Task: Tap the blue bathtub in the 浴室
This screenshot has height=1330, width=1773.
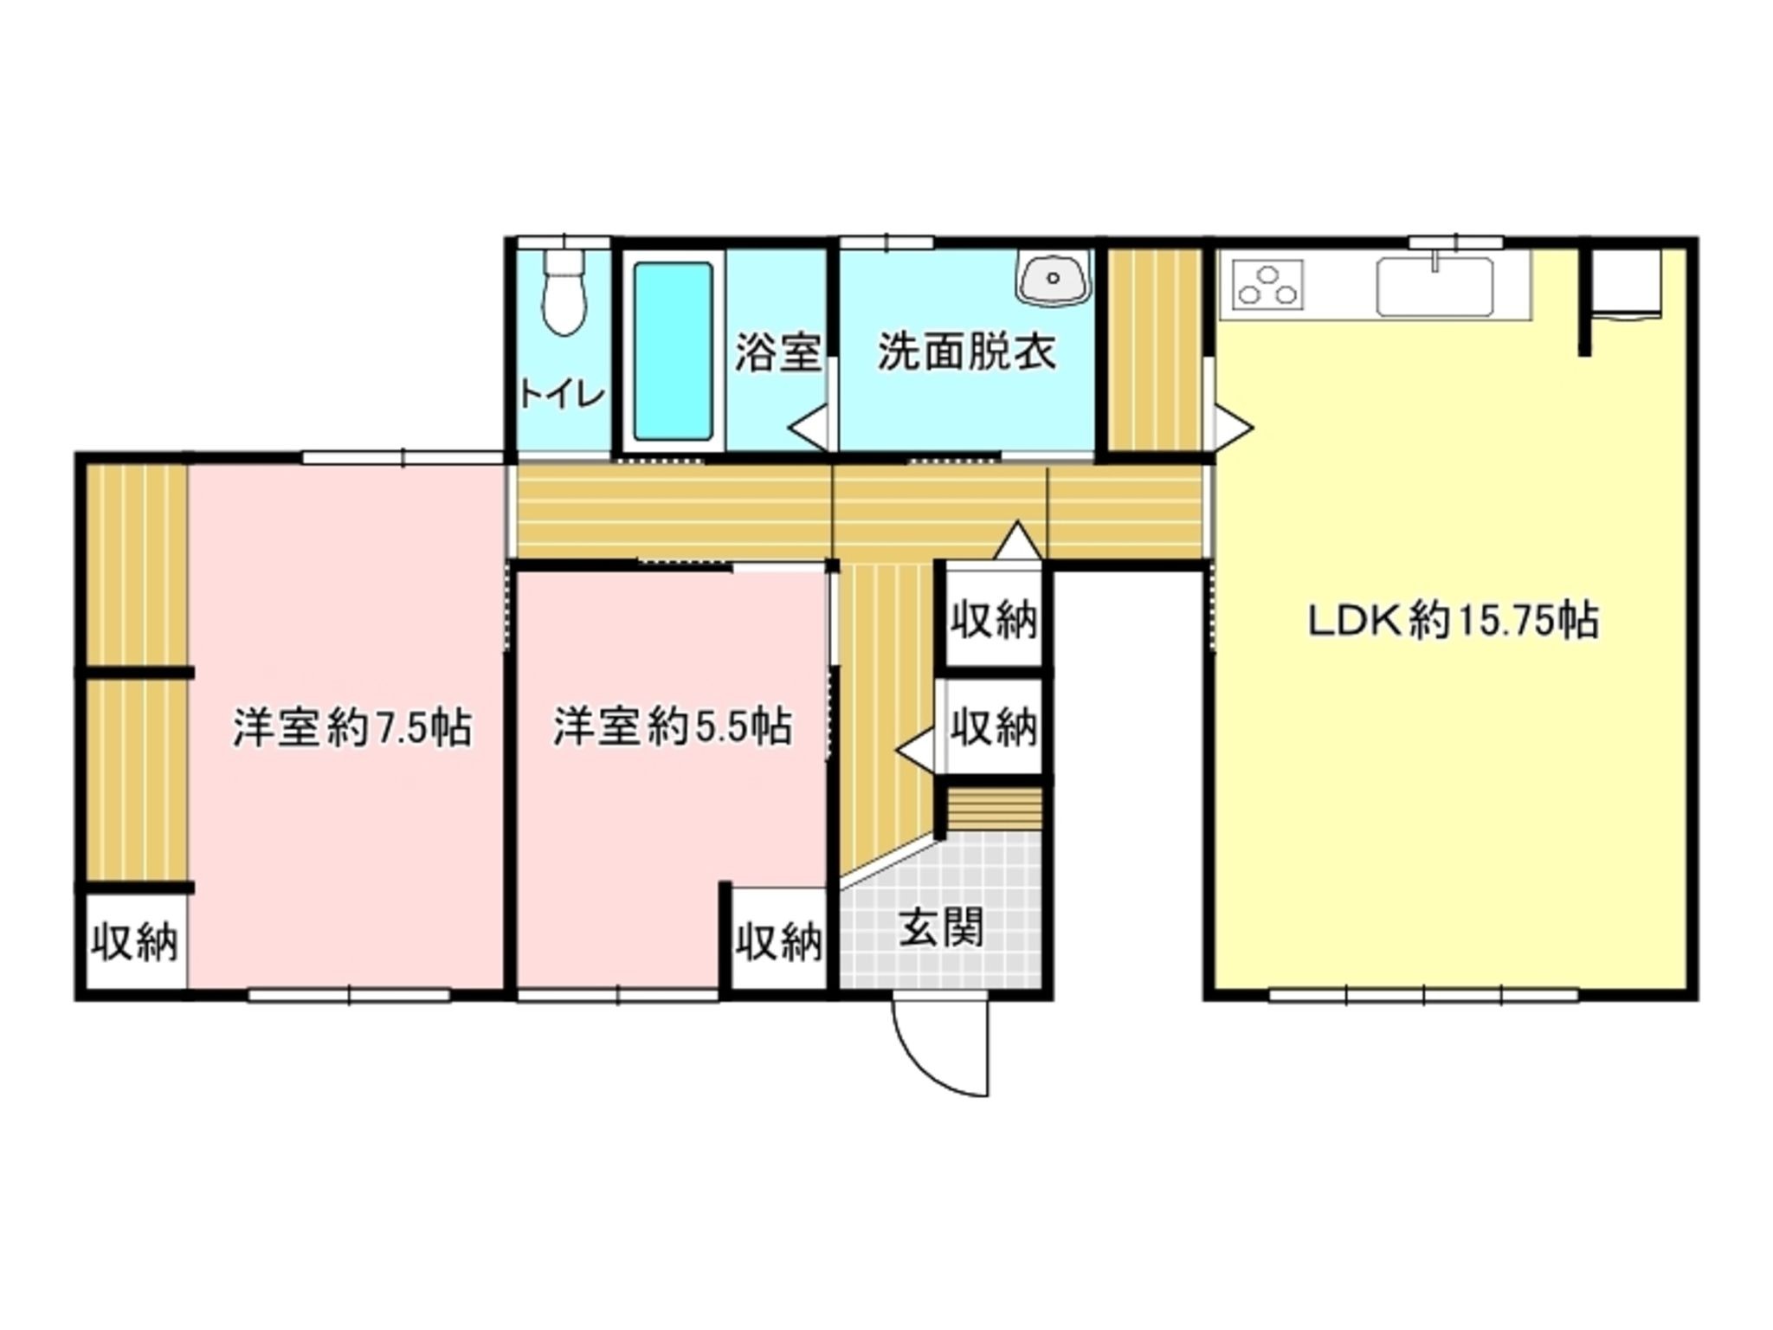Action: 673,351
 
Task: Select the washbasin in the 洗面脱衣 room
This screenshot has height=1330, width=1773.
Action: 1054,277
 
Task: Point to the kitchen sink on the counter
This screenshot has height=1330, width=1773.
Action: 1435,286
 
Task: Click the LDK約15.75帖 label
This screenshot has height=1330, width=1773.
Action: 1453,621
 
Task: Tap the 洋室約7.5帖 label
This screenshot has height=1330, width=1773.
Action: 352,727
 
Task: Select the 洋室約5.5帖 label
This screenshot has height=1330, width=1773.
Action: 673,727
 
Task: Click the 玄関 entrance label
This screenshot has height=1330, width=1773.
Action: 941,929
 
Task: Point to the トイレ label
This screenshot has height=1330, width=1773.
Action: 561,395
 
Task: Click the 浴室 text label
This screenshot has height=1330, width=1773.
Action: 777,352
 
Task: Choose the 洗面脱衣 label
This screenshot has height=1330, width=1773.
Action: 966,352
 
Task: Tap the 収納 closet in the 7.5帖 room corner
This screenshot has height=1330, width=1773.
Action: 136,942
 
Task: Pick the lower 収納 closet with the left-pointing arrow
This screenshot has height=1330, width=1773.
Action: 993,726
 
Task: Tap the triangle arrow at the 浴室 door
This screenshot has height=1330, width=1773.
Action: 809,428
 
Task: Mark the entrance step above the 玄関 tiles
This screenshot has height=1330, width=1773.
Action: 993,809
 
